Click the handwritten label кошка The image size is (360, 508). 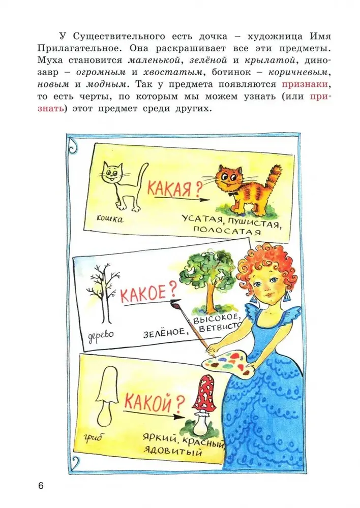click(110, 219)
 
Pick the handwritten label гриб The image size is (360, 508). click(93, 439)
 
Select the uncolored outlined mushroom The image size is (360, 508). click(107, 395)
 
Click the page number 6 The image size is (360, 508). click(41, 486)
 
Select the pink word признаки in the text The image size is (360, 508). click(305, 84)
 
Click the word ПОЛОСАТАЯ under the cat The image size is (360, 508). click(227, 230)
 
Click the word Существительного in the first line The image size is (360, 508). click(119, 36)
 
